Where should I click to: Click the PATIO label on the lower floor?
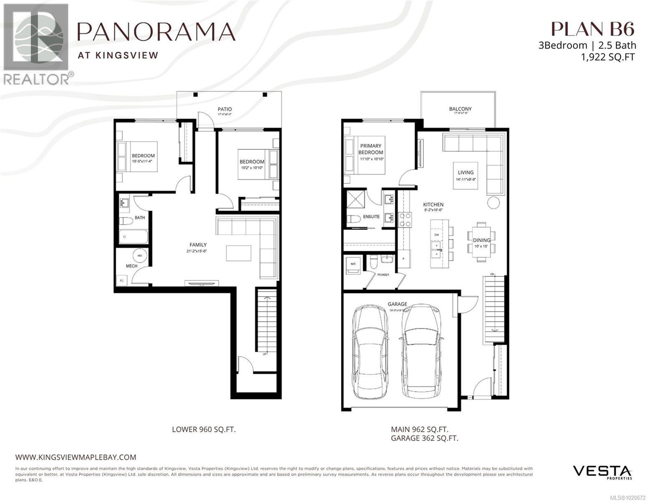224,109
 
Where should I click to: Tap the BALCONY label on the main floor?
460,109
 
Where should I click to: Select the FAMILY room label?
198,245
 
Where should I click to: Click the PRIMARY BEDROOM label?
371,149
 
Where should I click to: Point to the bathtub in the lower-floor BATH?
134,237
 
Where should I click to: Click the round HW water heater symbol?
139,256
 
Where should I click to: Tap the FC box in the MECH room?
122,280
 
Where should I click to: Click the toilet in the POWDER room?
374,262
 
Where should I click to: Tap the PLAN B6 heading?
593,29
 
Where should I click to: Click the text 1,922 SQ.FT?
608,57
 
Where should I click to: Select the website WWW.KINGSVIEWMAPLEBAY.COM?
76,457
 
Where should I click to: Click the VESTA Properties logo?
602,472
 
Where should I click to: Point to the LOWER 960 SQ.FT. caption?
204,429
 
